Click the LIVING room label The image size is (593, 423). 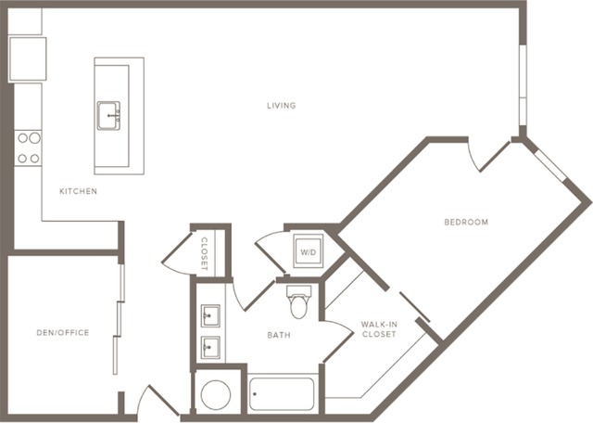pos(282,105)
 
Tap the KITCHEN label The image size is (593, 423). pos(78,191)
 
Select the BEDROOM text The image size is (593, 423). pos(466,222)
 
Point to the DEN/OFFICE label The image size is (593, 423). pos(63,332)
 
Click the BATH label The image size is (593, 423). pos(279,335)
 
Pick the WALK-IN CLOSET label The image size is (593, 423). pos(379,329)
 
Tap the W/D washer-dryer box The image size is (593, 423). pos(309,250)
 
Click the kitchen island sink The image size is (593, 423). pos(108,116)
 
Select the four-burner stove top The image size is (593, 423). pos(28,148)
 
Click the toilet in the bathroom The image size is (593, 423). pos(299,301)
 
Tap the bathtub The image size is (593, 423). pos(282,393)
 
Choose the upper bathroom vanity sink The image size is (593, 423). pos(210,315)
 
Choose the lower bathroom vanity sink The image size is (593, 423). pos(210,347)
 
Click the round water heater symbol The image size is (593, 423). pos(216,395)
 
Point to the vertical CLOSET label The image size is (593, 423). pos(204,254)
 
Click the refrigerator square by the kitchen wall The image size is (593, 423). pos(28,58)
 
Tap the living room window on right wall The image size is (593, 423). pos(523,85)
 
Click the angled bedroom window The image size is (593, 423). pos(550,165)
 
